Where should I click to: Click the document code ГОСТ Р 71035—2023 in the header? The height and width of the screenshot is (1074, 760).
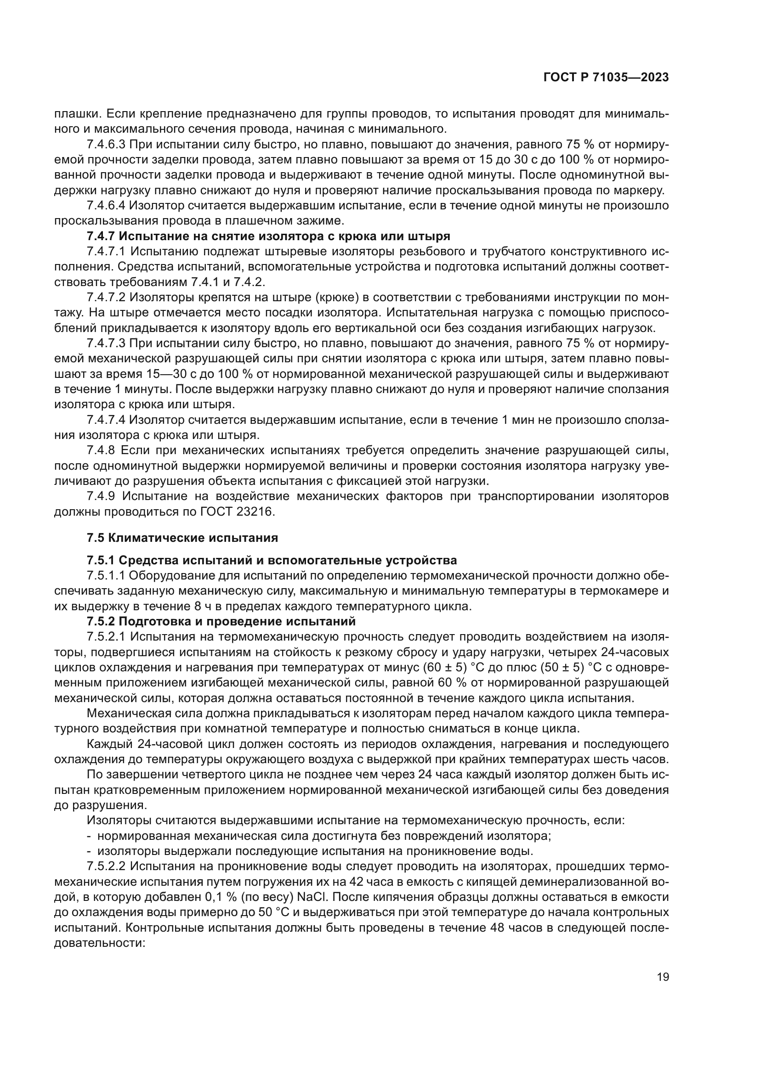click(x=606, y=78)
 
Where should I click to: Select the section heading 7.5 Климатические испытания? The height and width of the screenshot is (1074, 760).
click(x=182, y=538)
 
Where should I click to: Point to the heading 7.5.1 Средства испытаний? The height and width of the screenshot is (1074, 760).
click(x=272, y=560)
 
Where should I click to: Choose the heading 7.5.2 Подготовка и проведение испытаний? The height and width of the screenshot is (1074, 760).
click(x=221, y=621)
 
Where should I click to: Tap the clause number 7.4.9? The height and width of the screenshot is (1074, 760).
click(x=101, y=496)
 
